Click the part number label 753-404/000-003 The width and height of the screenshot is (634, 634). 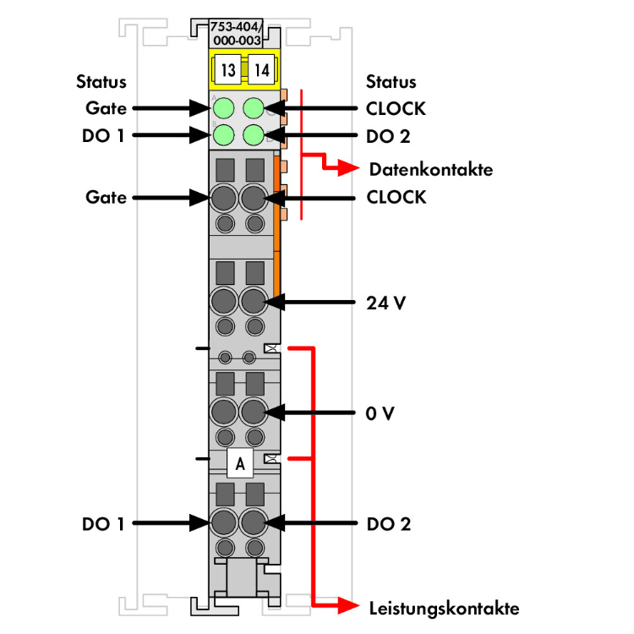click(236, 34)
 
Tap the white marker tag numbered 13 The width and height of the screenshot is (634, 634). click(228, 70)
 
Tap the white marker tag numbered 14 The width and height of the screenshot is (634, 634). click(261, 70)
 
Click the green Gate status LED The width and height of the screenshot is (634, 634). click(224, 108)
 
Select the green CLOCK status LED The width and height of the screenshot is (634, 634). click(254, 108)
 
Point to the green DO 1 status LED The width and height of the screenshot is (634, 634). click(224, 134)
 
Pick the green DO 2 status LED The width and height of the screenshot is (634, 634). click(254, 134)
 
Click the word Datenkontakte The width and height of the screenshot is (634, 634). click(431, 169)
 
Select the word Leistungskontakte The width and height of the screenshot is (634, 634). click(445, 609)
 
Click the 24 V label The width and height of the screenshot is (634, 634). click(385, 303)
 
